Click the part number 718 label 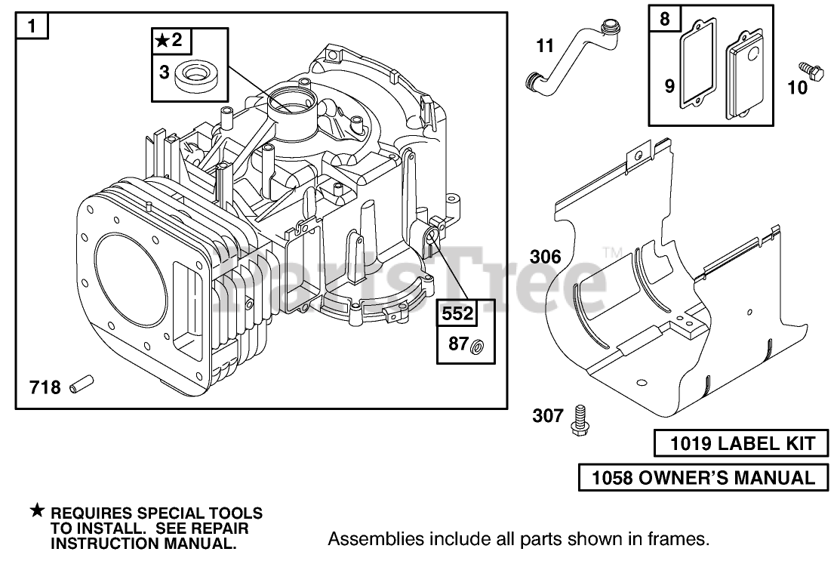(x=45, y=387)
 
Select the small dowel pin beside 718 (x=82, y=384)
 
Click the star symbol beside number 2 (x=162, y=40)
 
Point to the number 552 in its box (x=457, y=313)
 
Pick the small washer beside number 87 (x=477, y=347)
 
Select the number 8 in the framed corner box (x=664, y=19)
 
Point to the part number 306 (x=546, y=257)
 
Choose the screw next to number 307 (x=579, y=420)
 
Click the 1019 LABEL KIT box (x=741, y=443)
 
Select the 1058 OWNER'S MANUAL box (x=703, y=478)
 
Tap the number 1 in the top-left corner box (x=32, y=26)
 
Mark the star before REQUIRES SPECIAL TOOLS (x=37, y=511)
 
